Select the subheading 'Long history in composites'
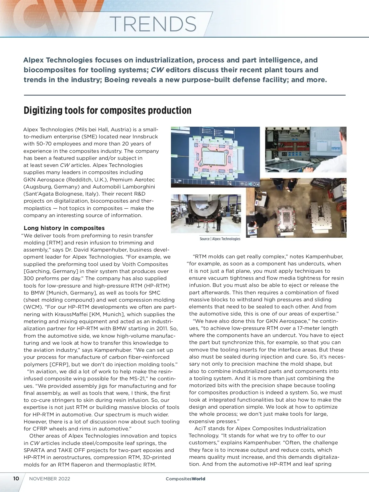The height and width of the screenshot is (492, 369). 64,228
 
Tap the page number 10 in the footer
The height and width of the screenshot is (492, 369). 16,479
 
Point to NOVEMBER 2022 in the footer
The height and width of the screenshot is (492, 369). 50,479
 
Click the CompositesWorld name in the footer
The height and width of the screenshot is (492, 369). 185,479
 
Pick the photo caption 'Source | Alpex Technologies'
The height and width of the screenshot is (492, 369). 220,239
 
